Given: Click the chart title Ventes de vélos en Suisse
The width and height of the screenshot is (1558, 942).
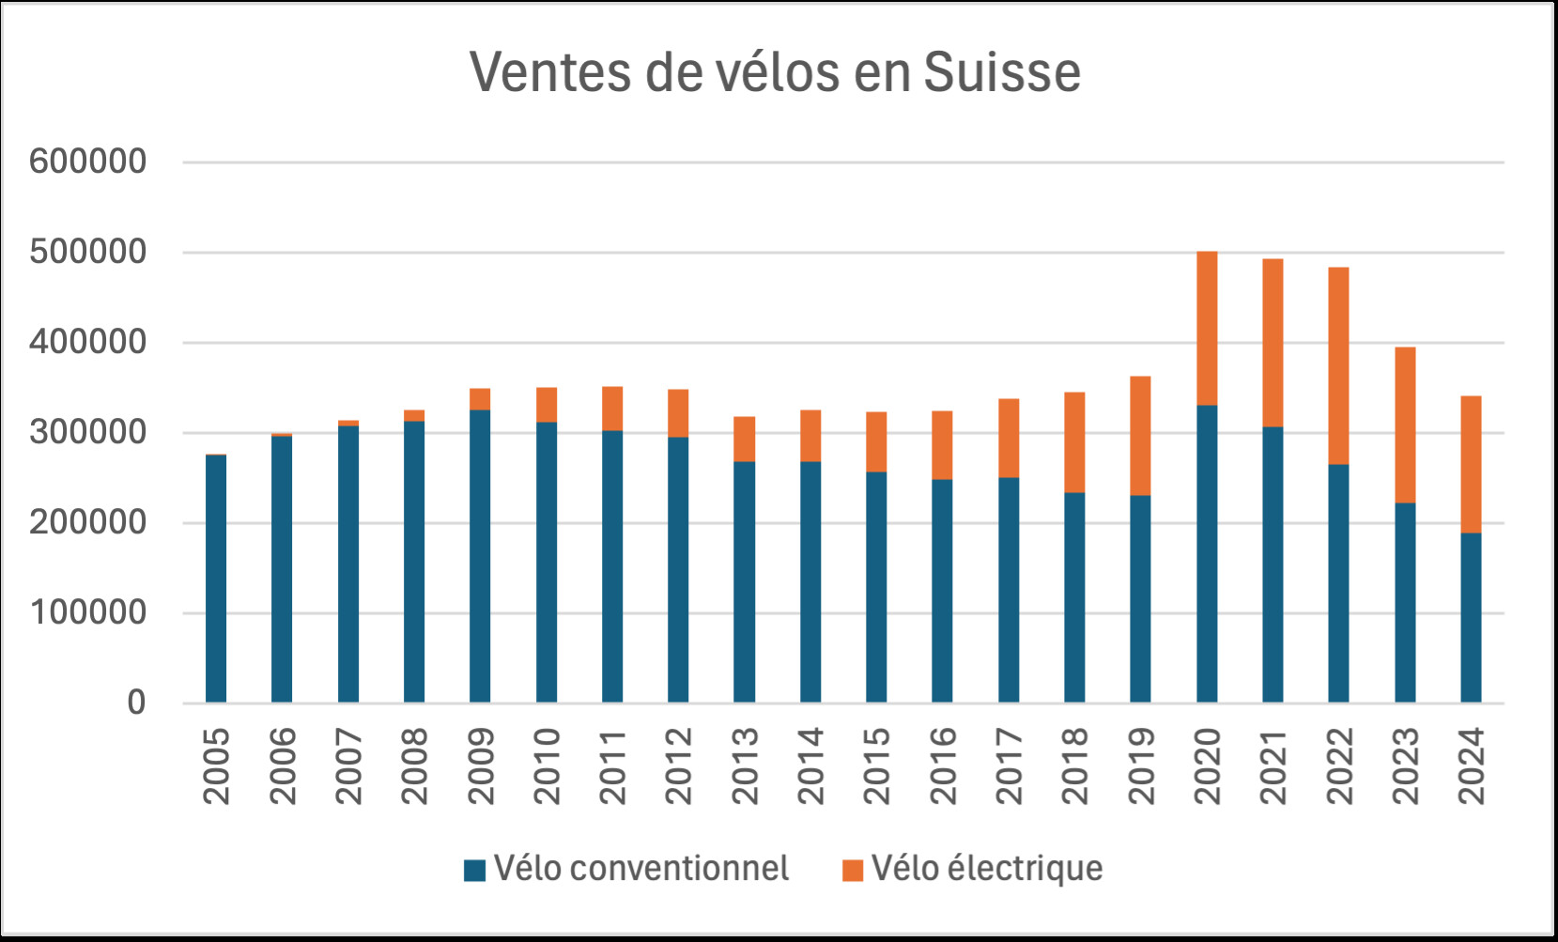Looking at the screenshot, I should (775, 72).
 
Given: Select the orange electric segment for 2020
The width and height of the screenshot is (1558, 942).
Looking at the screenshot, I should (1207, 329).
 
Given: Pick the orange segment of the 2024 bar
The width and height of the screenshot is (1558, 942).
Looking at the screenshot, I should (1471, 465).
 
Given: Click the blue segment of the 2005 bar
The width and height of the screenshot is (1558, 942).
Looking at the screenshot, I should (216, 579).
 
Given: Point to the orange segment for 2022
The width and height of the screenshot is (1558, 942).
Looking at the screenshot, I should (1338, 366).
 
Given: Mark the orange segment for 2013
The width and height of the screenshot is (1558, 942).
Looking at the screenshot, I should (744, 440).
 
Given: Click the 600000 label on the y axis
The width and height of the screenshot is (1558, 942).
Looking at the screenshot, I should (88, 162).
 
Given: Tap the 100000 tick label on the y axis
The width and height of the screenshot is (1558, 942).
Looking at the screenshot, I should (88, 612).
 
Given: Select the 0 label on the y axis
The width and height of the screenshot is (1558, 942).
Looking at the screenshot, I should (137, 703).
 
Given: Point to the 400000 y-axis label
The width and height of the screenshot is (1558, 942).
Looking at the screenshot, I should (88, 342).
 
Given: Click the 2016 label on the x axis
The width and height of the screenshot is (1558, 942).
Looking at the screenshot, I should (942, 766).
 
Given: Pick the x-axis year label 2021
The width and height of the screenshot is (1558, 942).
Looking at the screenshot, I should (1273, 766).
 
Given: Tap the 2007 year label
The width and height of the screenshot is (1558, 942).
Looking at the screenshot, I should (348, 766).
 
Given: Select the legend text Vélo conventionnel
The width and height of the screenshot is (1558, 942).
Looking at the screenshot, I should (641, 869).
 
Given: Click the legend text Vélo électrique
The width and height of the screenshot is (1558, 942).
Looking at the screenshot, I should (987, 869).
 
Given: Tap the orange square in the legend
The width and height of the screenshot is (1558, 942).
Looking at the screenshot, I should (853, 871).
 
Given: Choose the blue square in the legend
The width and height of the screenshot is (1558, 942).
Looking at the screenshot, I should (475, 871).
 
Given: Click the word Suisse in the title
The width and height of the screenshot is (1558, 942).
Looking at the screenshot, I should (1002, 72).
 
